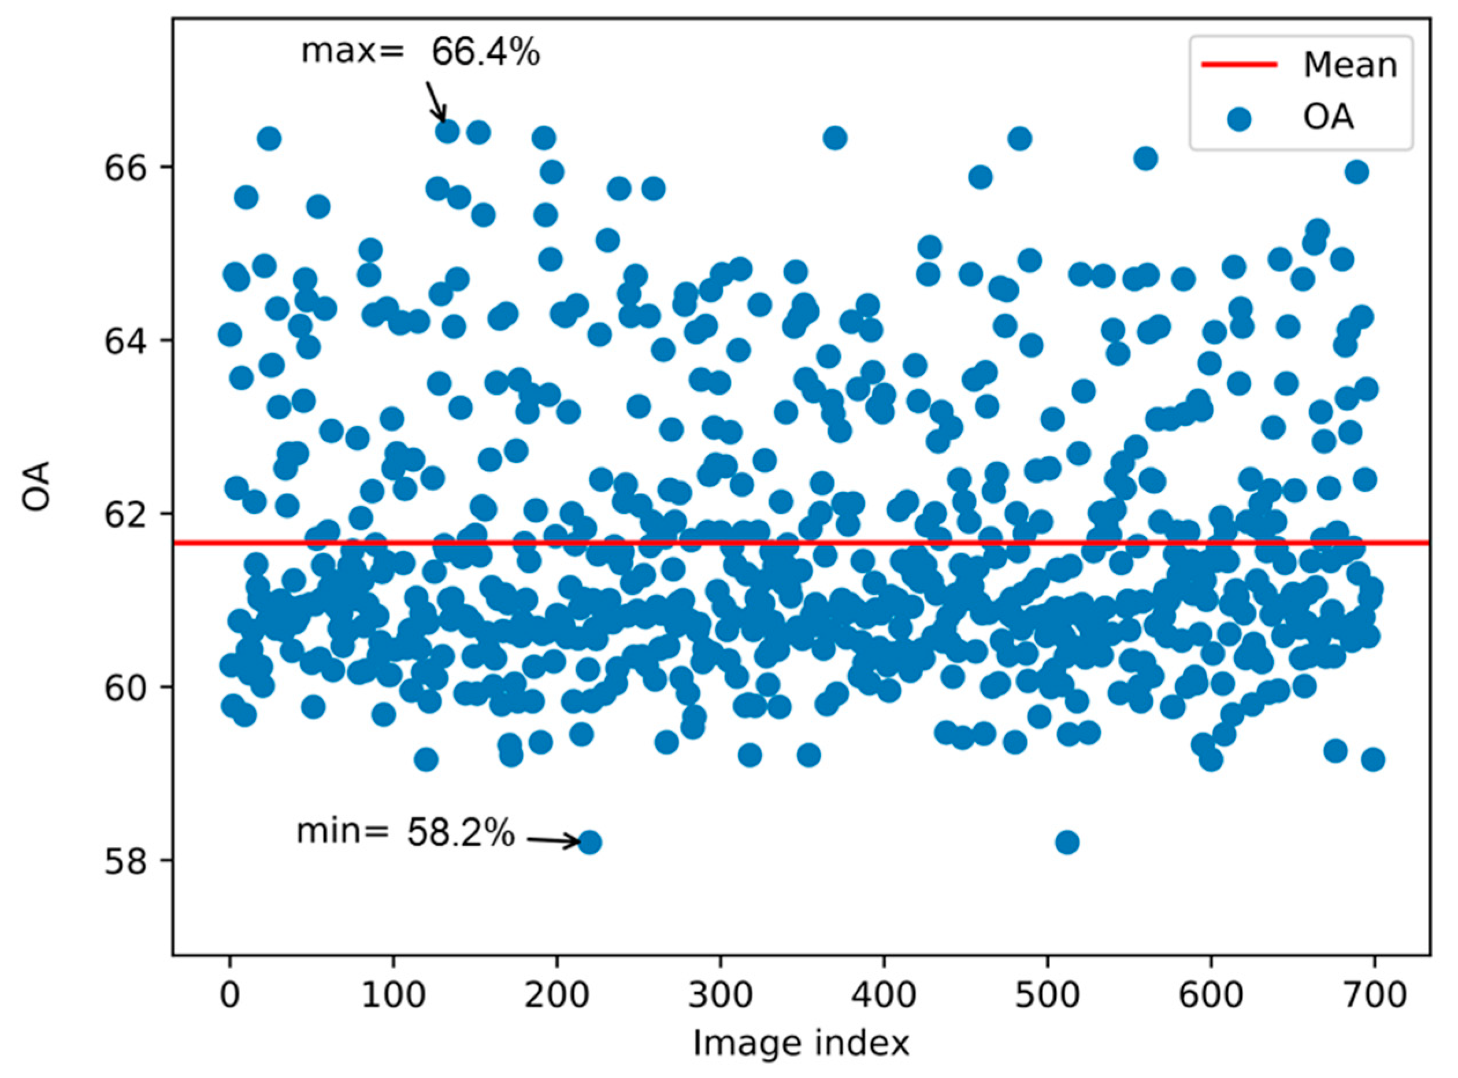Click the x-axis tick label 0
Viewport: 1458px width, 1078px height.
pyautogui.click(x=229, y=996)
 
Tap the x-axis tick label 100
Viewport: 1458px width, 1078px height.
pyautogui.click(x=394, y=996)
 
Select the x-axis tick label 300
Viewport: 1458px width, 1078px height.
pyautogui.click(x=720, y=996)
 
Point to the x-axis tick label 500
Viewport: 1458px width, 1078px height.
pyautogui.click(x=1047, y=996)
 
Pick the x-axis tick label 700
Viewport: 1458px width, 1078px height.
pyautogui.click(x=1375, y=996)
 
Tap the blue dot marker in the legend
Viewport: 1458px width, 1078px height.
pyautogui.click(x=1238, y=120)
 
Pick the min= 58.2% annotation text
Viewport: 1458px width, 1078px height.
pyautogui.click(x=405, y=833)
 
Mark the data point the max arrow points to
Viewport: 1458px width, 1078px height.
pyautogui.click(x=447, y=131)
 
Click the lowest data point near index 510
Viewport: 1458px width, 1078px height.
pyautogui.click(x=1067, y=842)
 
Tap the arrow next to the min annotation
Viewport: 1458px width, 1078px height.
pyautogui.click(x=553, y=841)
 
